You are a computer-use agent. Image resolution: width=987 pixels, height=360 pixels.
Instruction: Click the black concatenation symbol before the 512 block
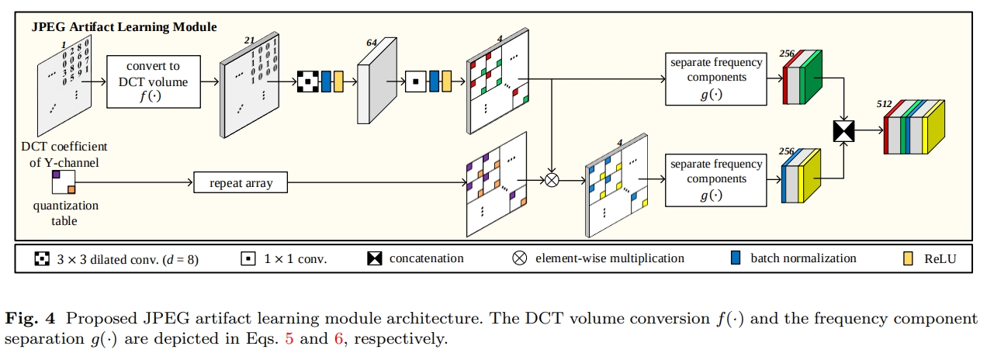[x=843, y=131]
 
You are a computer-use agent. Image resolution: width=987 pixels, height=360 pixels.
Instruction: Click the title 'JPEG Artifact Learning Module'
[x=124, y=26]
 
